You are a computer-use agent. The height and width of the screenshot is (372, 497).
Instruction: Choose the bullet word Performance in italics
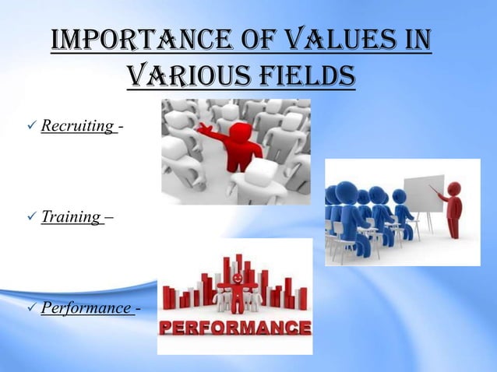(86, 309)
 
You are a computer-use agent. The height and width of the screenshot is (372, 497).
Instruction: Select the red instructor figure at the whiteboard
(450, 210)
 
